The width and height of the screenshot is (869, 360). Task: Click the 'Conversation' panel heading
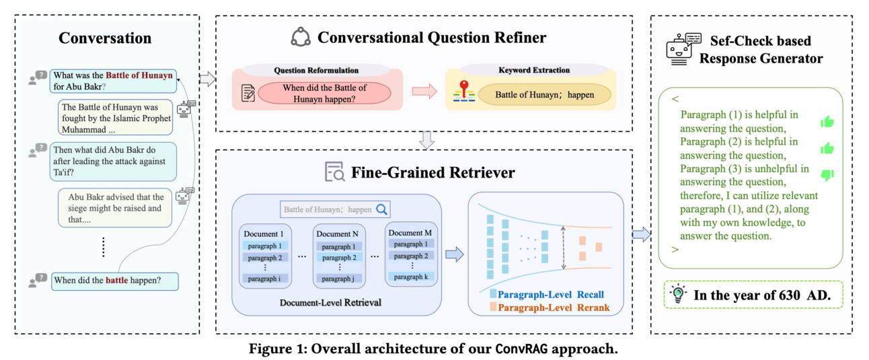click(x=105, y=38)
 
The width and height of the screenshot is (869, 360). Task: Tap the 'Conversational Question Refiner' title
click(x=432, y=38)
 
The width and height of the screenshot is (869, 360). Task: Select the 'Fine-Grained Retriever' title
click(x=432, y=173)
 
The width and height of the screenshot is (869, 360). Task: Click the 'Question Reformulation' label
click(x=316, y=70)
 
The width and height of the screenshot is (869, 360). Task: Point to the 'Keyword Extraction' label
click(x=534, y=70)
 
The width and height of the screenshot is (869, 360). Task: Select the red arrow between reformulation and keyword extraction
click(x=424, y=92)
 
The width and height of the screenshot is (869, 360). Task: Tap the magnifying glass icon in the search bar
click(x=382, y=209)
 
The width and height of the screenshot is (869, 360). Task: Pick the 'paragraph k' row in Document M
click(x=410, y=277)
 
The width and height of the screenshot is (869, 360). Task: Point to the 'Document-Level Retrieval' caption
click(x=330, y=302)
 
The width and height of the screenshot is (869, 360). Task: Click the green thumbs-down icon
click(x=827, y=175)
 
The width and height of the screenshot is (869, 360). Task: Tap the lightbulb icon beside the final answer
click(x=678, y=293)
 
